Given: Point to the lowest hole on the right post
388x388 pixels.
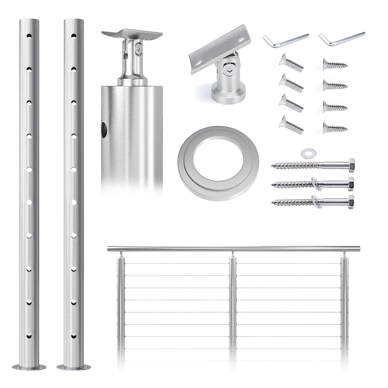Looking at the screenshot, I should pyautogui.click(x=74, y=336).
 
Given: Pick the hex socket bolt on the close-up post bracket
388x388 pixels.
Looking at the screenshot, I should pyautogui.click(x=140, y=49).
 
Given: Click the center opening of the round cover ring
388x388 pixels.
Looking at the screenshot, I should pyautogui.click(x=218, y=160).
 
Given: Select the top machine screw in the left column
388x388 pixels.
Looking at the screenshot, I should pyautogui.click(x=290, y=63).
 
